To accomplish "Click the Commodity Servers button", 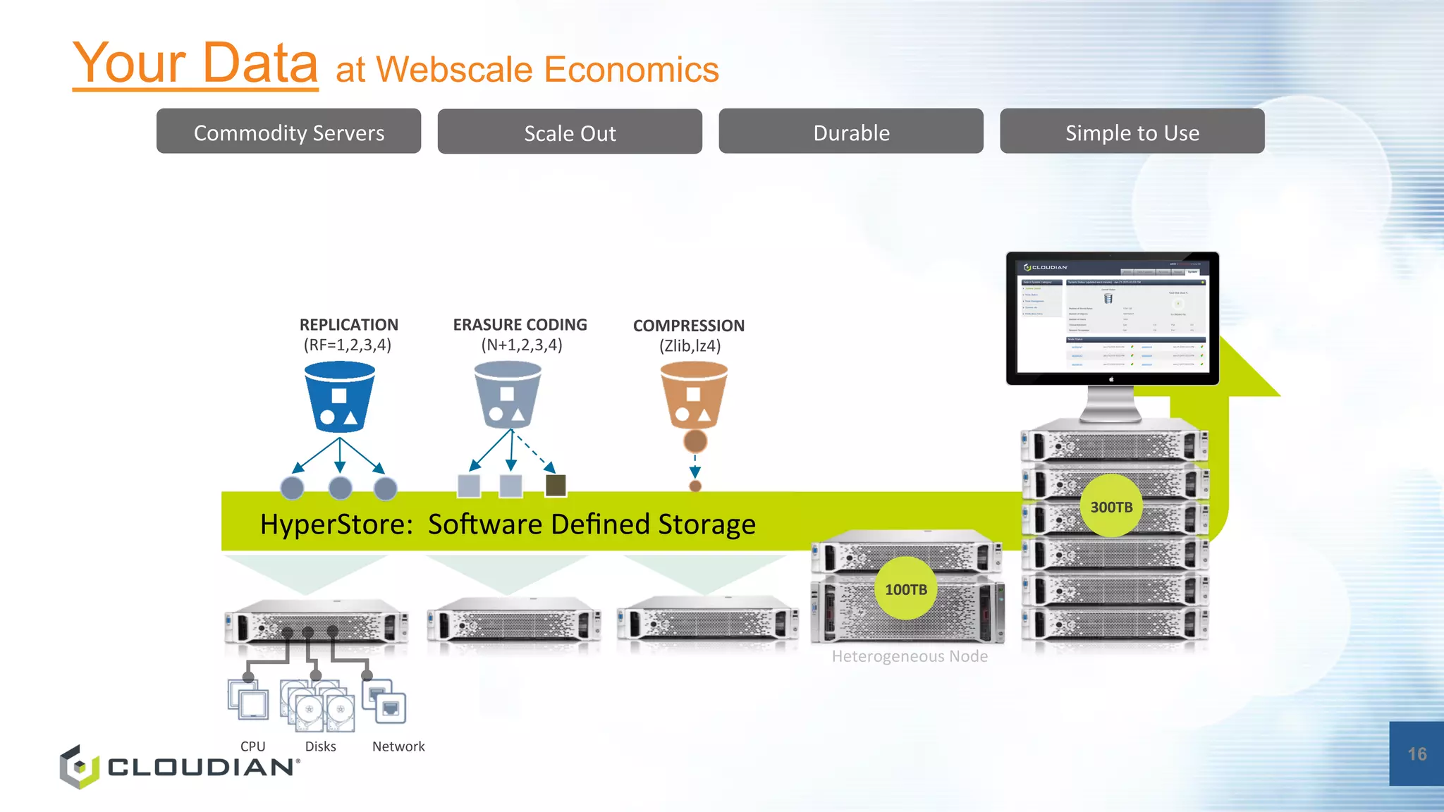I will pos(288,132).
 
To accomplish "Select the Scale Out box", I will pos(570,132).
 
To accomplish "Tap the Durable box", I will pos(851,132).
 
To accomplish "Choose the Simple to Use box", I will pos(1132,132).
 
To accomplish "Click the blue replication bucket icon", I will pos(339,396).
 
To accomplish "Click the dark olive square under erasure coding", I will pos(556,485).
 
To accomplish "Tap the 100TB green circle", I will pos(906,589).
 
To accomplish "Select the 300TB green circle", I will pos(1111,507).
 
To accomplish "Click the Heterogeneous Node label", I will pos(910,656).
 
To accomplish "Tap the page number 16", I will pos(1417,754).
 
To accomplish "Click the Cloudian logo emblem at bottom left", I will pos(79,767).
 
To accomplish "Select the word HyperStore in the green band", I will pos(331,524).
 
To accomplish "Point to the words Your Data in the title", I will pos(195,63).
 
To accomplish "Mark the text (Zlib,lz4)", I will pos(690,346).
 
